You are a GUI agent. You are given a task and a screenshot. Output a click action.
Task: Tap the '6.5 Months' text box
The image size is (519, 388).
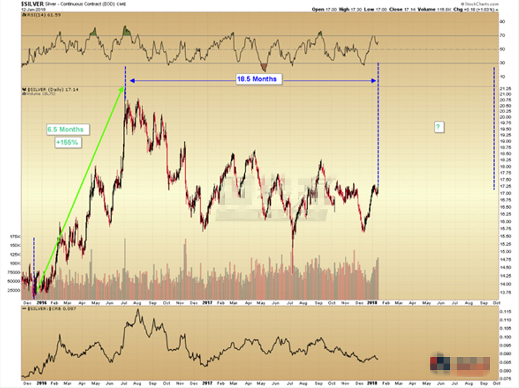[x=64, y=130]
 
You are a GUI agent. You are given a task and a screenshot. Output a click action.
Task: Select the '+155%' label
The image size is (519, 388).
[x=66, y=143]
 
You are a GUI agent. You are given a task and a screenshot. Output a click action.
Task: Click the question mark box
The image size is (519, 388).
[x=437, y=126]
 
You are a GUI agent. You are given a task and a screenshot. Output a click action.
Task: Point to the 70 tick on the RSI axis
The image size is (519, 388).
[x=503, y=35]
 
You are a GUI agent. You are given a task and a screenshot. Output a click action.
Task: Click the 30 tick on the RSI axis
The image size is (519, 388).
[x=503, y=63]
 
